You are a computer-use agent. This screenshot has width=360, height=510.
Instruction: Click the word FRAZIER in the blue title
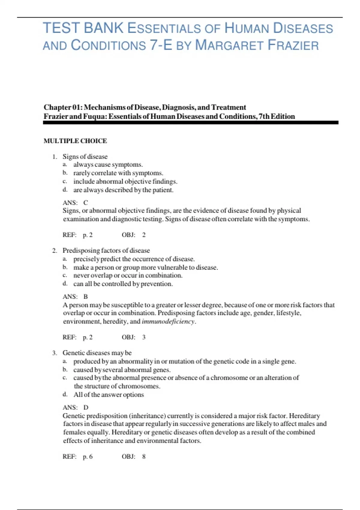pyautogui.click(x=293, y=46)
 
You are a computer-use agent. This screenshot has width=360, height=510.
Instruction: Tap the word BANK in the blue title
pyautogui.click(x=103, y=28)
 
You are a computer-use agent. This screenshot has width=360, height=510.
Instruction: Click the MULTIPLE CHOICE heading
pyautogui.click(x=75, y=141)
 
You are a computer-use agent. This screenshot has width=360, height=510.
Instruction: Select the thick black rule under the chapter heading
pyautogui.click(x=191, y=122)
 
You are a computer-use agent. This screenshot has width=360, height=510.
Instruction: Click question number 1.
pyautogui.click(x=54, y=157)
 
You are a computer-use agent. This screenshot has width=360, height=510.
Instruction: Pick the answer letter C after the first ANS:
pyautogui.click(x=85, y=203)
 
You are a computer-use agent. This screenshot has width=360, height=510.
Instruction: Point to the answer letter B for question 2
pyautogui.click(x=85, y=297)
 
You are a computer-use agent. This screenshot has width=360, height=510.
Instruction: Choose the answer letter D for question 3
pyautogui.click(x=86, y=407)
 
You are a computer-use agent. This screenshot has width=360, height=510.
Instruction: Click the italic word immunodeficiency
pyautogui.click(x=168, y=322)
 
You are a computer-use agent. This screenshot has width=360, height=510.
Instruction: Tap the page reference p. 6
pyautogui.click(x=88, y=457)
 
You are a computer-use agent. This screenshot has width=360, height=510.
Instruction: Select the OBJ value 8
pyautogui.click(x=144, y=457)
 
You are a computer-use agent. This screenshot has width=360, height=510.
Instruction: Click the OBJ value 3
pyautogui.click(x=144, y=337)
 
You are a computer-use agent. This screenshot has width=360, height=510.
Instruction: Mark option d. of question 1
pyautogui.click(x=65, y=190)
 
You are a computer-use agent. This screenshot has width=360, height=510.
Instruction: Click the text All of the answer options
pyautogui.click(x=109, y=395)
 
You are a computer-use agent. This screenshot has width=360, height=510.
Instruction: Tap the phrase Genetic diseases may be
pyautogui.click(x=97, y=353)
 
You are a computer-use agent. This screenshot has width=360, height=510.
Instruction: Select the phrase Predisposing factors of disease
pyautogui.click(x=106, y=250)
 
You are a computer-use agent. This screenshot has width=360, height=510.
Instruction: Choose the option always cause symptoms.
pyautogui.click(x=108, y=165)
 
